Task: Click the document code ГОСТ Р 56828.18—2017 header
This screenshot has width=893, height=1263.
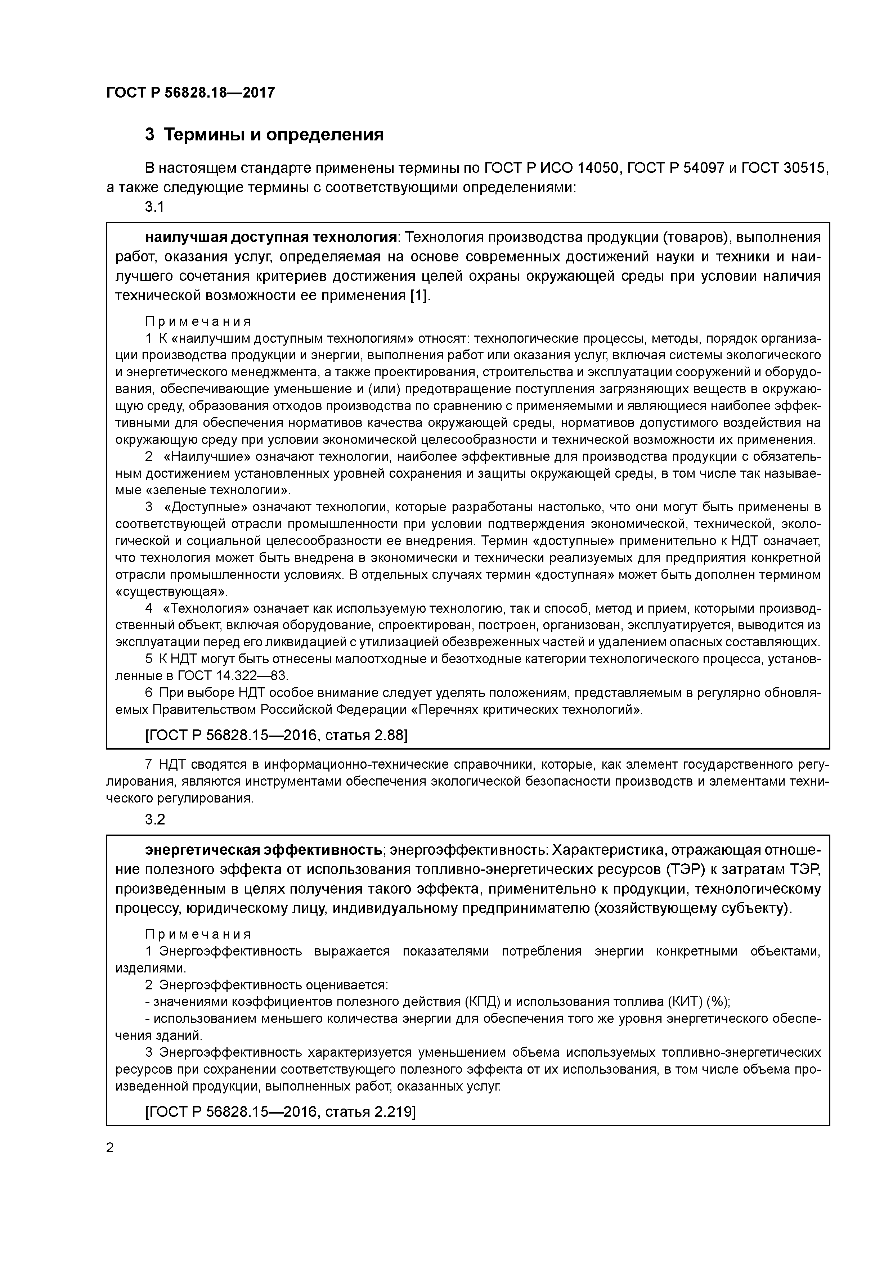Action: pos(190,93)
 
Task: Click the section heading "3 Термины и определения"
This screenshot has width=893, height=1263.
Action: pos(264,134)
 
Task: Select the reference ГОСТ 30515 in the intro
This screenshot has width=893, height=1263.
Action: pos(784,168)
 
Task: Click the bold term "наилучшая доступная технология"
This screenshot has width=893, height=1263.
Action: pos(271,237)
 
